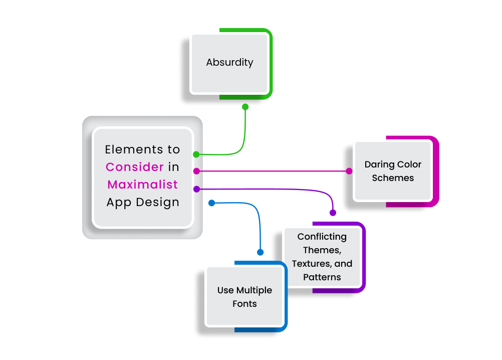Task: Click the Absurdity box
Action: [229, 63]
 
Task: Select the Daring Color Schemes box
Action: [393, 171]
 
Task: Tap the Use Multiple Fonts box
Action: [244, 297]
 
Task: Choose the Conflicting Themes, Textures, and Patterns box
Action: [322, 257]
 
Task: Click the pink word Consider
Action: [135, 167]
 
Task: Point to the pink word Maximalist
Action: [143, 185]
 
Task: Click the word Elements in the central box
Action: [128, 149]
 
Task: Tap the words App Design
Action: [143, 202]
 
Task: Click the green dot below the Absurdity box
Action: [245, 107]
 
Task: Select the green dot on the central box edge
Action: [196, 154]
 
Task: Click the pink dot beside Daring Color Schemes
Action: [349, 171]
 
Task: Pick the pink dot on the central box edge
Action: [196, 171]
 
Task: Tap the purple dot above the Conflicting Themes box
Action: [333, 213]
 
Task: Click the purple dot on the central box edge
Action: [196, 189]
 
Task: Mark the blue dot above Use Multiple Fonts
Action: [260, 252]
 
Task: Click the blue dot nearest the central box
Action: [211, 203]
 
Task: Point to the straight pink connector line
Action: [273, 171]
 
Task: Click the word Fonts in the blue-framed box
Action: [244, 304]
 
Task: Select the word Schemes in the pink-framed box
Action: [393, 178]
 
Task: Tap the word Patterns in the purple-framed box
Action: [322, 277]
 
